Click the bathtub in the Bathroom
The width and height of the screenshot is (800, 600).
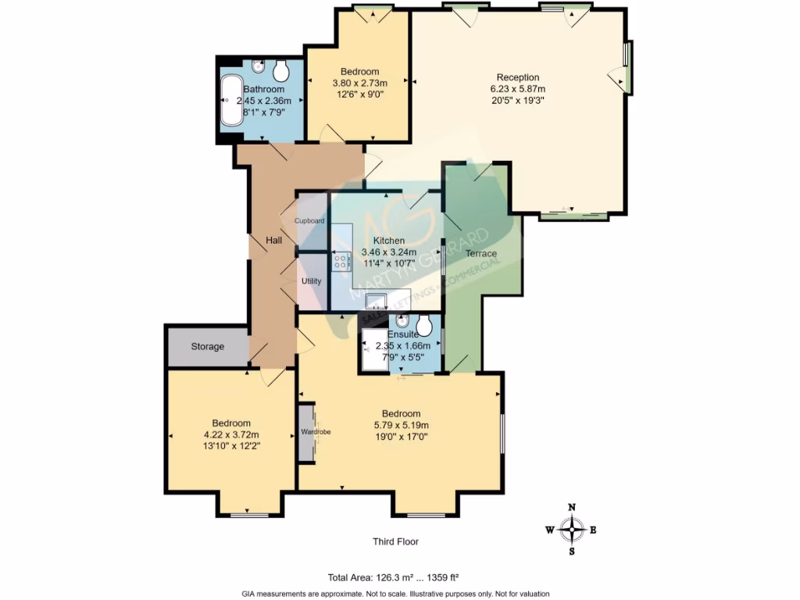(x=232, y=100)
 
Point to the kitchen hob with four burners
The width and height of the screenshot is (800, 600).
(x=342, y=262)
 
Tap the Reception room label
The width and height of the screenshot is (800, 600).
(x=518, y=77)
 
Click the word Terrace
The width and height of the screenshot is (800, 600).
(x=481, y=254)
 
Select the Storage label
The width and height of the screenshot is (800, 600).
(x=208, y=346)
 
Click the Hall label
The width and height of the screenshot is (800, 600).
(x=273, y=241)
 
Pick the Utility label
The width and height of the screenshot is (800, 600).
(x=312, y=280)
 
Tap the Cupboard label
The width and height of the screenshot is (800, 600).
(x=309, y=221)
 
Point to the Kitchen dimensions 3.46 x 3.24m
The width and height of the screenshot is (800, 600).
(x=388, y=252)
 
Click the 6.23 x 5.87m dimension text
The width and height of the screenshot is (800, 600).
(x=518, y=89)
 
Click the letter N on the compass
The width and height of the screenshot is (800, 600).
(x=572, y=507)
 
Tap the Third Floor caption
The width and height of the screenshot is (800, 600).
(x=401, y=541)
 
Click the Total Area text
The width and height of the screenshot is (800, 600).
(x=393, y=578)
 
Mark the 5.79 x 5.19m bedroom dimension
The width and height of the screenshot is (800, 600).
(x=401, y=425)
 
